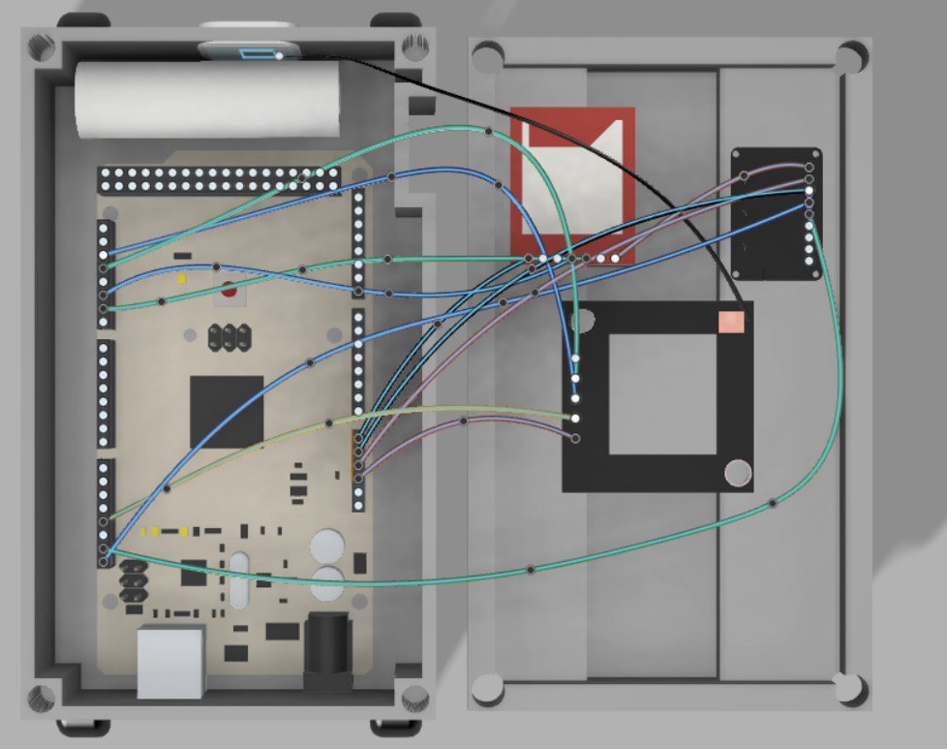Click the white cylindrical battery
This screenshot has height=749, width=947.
pos(208,100)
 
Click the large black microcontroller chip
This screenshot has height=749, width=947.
pos(227,411)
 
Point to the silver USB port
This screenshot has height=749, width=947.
pos(171,662)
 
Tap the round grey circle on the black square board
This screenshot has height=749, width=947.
pos(739,473)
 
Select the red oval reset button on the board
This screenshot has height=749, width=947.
pos(229,288)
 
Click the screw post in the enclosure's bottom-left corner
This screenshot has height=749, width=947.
pos(42,696)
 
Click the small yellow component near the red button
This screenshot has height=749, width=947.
pos(181,278)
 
